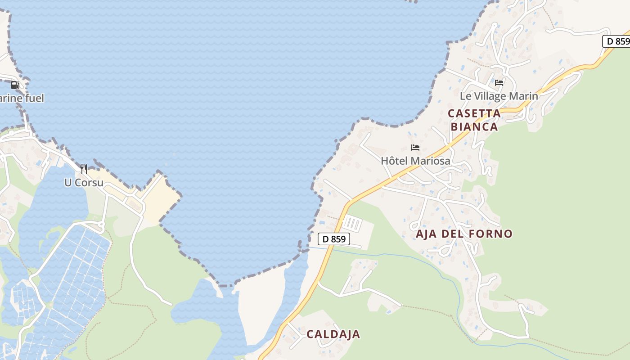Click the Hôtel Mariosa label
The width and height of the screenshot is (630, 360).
click(x=415, y=161)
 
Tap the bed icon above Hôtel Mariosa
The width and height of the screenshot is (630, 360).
click(x=415, y=148)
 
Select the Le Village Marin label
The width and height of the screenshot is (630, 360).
click(x=499, y=96)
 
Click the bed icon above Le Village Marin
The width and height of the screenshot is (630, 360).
click(x=499, y=83)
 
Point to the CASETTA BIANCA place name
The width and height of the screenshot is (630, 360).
click(x=474, y=120)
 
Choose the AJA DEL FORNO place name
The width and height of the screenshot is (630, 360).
click(x=464, y=234)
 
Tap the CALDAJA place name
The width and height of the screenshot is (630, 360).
click(x=333, y=334)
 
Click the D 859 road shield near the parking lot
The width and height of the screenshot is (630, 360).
click(x=334, y=239)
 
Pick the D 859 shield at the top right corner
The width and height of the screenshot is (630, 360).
click(x=617, y=41)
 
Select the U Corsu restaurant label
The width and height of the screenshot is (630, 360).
click(x=84, y=183)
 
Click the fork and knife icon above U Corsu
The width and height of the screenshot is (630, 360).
click(x=84, y=169)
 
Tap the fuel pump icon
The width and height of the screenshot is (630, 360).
click(x=15, y=85)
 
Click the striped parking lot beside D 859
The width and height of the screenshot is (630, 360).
click(x=352, y=223)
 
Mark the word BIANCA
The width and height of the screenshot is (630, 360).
click(x=474, y=126)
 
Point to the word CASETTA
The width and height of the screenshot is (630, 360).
click(x=474, y=113)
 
